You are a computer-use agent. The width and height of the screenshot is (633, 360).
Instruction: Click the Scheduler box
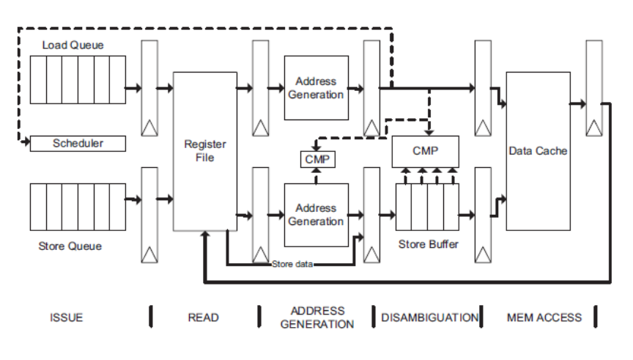tap(78, 143)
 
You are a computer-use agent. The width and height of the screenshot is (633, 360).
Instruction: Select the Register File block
tap(204, 151)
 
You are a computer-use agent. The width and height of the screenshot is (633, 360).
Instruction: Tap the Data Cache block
tap(538, 150)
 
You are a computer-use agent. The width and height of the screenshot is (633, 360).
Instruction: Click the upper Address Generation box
tap(316, 87)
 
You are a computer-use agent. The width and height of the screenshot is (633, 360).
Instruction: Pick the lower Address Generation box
tap(316, 215)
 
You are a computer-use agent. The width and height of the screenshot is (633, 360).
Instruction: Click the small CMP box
tap(316, 158)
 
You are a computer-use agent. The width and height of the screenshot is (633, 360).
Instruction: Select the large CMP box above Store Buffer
tap(426, 150)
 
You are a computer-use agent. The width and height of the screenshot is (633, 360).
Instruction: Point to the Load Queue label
tap(73, 45)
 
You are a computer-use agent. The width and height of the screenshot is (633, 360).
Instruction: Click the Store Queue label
tap(70, 246)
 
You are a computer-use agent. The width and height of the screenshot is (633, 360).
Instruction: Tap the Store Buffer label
tap(428, 244)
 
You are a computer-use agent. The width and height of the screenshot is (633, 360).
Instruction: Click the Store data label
tap(292, 264)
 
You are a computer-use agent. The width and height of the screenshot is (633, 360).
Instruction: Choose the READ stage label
tap(204, 317)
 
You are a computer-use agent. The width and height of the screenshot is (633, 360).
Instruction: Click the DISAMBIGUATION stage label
tap(429, 317)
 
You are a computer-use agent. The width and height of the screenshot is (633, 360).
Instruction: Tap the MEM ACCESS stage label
tap(544, 317)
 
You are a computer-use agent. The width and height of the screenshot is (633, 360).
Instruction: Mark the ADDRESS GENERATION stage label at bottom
tap(317, 317)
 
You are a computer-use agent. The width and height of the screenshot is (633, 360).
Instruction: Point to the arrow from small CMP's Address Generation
tap(316, 175)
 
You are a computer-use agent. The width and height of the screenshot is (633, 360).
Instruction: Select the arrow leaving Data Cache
tap(578, 103)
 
